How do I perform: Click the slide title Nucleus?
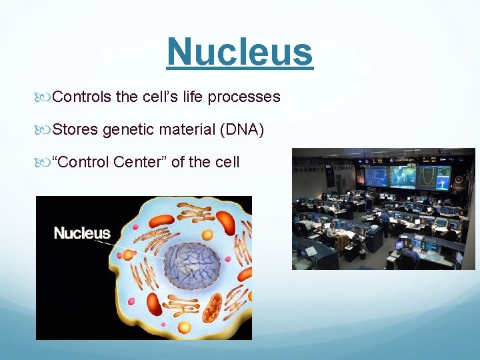point(239,52)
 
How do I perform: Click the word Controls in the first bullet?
point(82,97)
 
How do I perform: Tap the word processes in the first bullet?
point(244,97)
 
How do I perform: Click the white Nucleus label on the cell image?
point(82,233)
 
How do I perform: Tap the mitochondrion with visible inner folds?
point(211,309)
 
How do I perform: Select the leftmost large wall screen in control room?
point(375,176)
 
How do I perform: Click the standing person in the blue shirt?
point(385,222)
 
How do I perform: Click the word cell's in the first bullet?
point(162,97)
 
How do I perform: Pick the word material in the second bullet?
point(187,129)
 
